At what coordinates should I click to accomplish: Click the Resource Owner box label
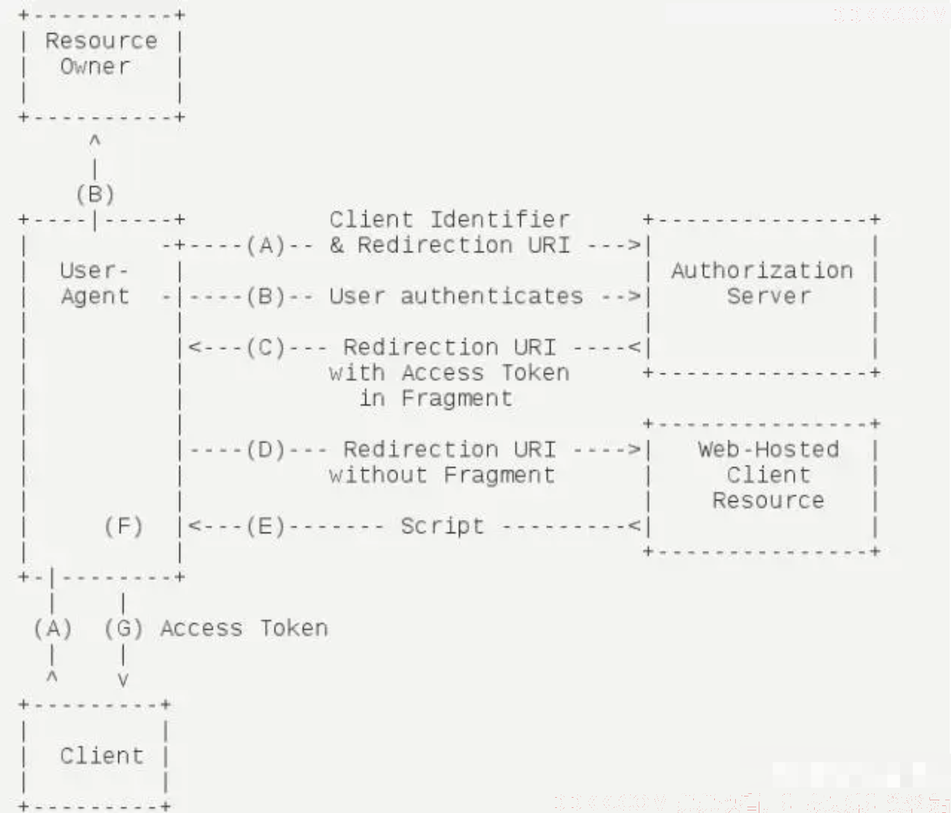(101, 54)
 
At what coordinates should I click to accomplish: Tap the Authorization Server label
(763, 283)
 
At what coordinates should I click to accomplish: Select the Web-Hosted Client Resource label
(768, 475)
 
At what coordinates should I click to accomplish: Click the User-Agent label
(94, 283)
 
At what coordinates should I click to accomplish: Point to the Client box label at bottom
(102, 756)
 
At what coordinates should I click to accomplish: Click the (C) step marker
(266, 347)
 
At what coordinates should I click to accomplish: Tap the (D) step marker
(266, 450)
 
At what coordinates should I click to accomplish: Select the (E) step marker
(266, 527)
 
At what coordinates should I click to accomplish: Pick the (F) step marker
(123, 527)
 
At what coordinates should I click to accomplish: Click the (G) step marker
(123, 629)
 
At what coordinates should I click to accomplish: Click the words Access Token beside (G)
(244, 629)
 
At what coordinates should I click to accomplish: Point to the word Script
(442, 527)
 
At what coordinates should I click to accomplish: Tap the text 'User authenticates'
(456, 296)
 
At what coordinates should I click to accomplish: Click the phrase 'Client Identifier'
(449, 220)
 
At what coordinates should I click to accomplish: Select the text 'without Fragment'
(442, 475)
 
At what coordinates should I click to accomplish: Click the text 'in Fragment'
(435, 399)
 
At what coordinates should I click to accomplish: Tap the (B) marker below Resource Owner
(95, 194)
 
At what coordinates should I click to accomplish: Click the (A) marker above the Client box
(53, 629)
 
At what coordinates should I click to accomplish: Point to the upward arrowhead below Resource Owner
(95, 140)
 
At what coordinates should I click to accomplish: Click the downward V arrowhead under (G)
(123, 680)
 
